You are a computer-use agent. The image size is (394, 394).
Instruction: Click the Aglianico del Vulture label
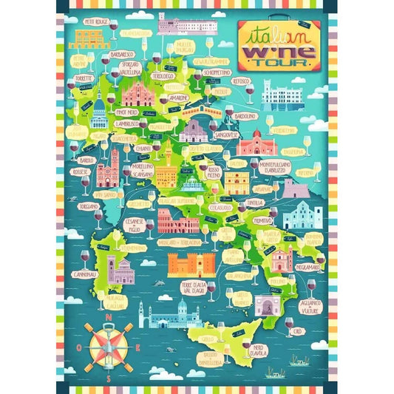(x=309, y=308)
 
